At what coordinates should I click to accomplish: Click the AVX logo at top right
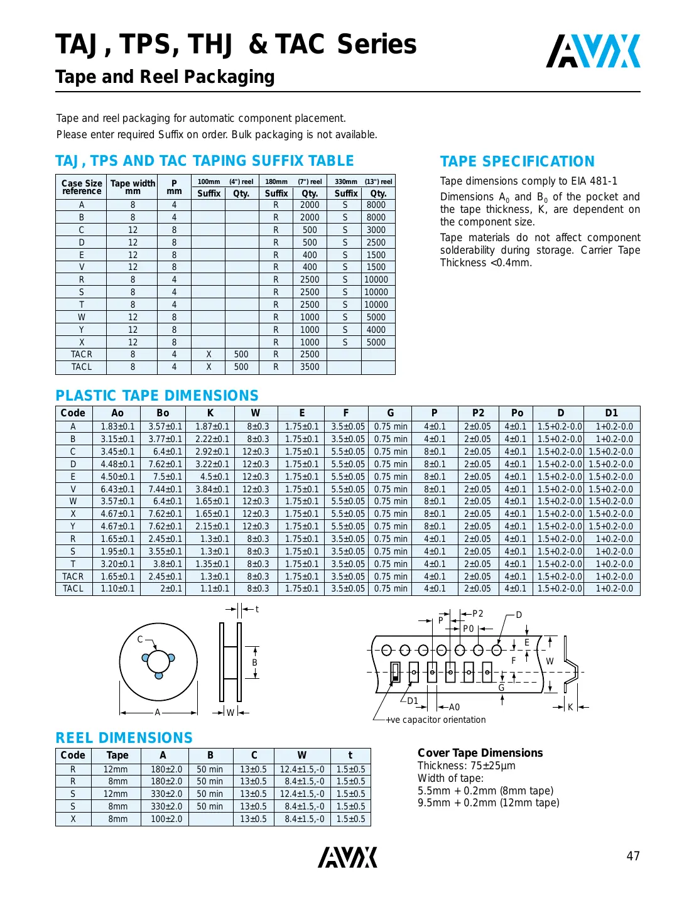pyautogui.click(x=593, y=51)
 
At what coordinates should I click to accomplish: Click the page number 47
pyautogui.click(x=632, y=856)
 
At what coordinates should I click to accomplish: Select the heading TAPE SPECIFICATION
pyautogui.click(x=517, y=161)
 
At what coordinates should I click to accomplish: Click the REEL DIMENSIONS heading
pyautogui.click(x=124, y=738)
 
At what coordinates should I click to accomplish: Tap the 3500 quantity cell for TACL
pyautogui.click(x=310, y=367)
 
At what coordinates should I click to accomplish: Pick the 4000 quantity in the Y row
pyautogui.click(x=376, y=330)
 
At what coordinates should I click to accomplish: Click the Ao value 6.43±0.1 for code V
pyautogui.click(x=117, y=489)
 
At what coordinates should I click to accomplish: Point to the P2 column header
pyautogui.click(x=478, y=413)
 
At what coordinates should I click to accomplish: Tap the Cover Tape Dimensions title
pyautogui.click(x=480, y=752)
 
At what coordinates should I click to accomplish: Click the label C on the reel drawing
pyautogui.click(x=140, y=639)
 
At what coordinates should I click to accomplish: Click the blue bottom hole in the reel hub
pyautogui.click(x=159, y=675)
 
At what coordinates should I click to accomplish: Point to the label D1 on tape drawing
pyautogui.click(x=412, y=701)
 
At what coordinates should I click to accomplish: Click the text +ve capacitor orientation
pyautogui.click(x=435, y=720)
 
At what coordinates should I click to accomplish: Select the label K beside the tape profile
pyautogui.click(x=570, y=707)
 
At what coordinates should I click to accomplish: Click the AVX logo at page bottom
pyautogui.click(x=347, y=857)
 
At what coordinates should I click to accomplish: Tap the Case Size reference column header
pyautogui.click(x=82, y=187)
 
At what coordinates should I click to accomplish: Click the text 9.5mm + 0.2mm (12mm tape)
pyautogui.click(x=488, y=803)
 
